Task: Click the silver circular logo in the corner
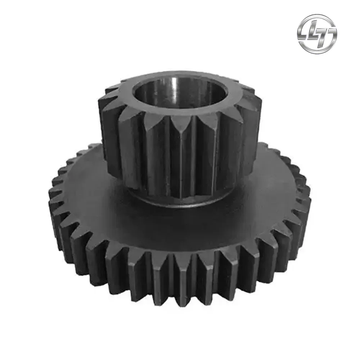pos(317,34)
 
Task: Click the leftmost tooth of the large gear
pos(54,202)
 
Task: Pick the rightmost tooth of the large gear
pos(306,202)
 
